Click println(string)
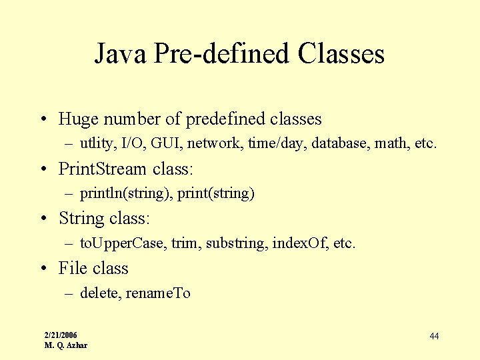click(126, 193)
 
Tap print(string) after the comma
click(216, 193)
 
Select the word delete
click(98, 293)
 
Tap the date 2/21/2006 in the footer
click(61, 335)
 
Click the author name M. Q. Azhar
click(65, 345)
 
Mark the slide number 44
click(434, 336)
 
